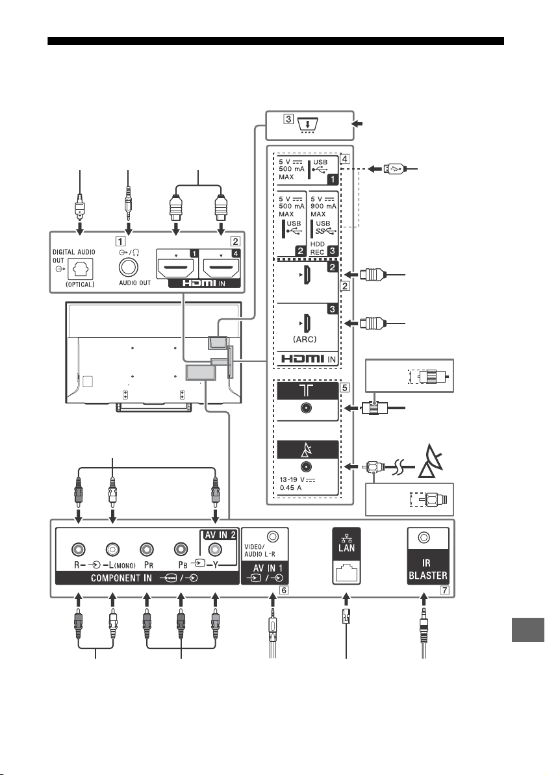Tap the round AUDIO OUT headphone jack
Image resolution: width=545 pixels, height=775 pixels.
pyautogui.click(x=129, y=268)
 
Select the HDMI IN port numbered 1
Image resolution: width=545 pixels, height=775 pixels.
pyautogui.click(x=175, y=268)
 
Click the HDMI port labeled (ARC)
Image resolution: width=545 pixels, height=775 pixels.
pyautogui.click(x=306, y=324)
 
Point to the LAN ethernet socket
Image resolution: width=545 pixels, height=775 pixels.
pyautogui.click(x=346, y=572)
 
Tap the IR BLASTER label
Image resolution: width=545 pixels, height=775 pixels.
pyautogui.click(x=427, y=569)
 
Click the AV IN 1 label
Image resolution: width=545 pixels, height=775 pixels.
pyautogui.click(x=268, y=568)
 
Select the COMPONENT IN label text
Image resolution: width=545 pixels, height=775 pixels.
pyautogui.click(x=121, y=578)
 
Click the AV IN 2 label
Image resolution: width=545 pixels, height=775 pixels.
pyautogui.click(x=220, y=535)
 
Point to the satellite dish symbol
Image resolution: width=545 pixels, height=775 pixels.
pyautogui.click(x=431, y=462)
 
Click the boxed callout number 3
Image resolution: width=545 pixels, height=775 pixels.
pyautogui.click(x=288, y=119)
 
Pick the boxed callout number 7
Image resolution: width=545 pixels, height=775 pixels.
pyautogui.click(x=445, y=590)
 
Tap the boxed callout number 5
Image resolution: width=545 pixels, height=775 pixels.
pyautogui.click(x=345, y=387)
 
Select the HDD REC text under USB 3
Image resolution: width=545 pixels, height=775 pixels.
pyautogui.click(x=318, y=248)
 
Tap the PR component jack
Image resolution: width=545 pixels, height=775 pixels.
pyautogui.click(x=146, y=549)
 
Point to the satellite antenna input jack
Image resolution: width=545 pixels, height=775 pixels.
pyautogui.click(x=307, y=466)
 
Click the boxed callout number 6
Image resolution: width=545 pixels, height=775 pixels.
pyautogui.click(x=283, y=590)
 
